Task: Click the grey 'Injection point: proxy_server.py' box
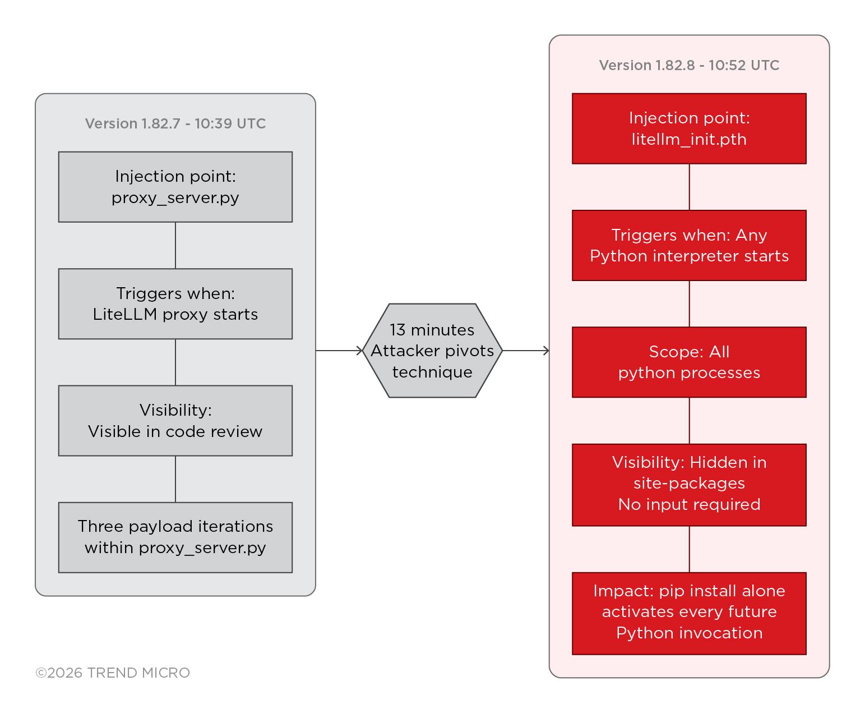175,187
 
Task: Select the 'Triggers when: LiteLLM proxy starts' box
175,303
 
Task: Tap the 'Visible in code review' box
175,420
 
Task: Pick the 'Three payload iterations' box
175,537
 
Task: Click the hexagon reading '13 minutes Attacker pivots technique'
432,351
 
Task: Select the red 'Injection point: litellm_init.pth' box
689,128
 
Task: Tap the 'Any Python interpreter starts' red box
689,245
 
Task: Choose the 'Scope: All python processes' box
689,362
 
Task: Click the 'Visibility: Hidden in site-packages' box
689,485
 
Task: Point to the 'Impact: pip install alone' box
689,613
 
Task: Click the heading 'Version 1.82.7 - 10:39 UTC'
175,123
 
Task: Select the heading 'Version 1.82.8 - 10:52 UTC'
689,65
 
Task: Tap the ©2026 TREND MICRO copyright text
113,673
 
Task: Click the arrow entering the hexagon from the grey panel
340,351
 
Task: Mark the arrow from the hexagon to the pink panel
526,351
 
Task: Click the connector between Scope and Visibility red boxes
689,421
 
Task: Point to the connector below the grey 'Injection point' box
175,245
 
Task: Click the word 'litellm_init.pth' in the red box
689,139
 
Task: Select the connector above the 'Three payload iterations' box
175,479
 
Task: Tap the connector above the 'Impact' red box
689,549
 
